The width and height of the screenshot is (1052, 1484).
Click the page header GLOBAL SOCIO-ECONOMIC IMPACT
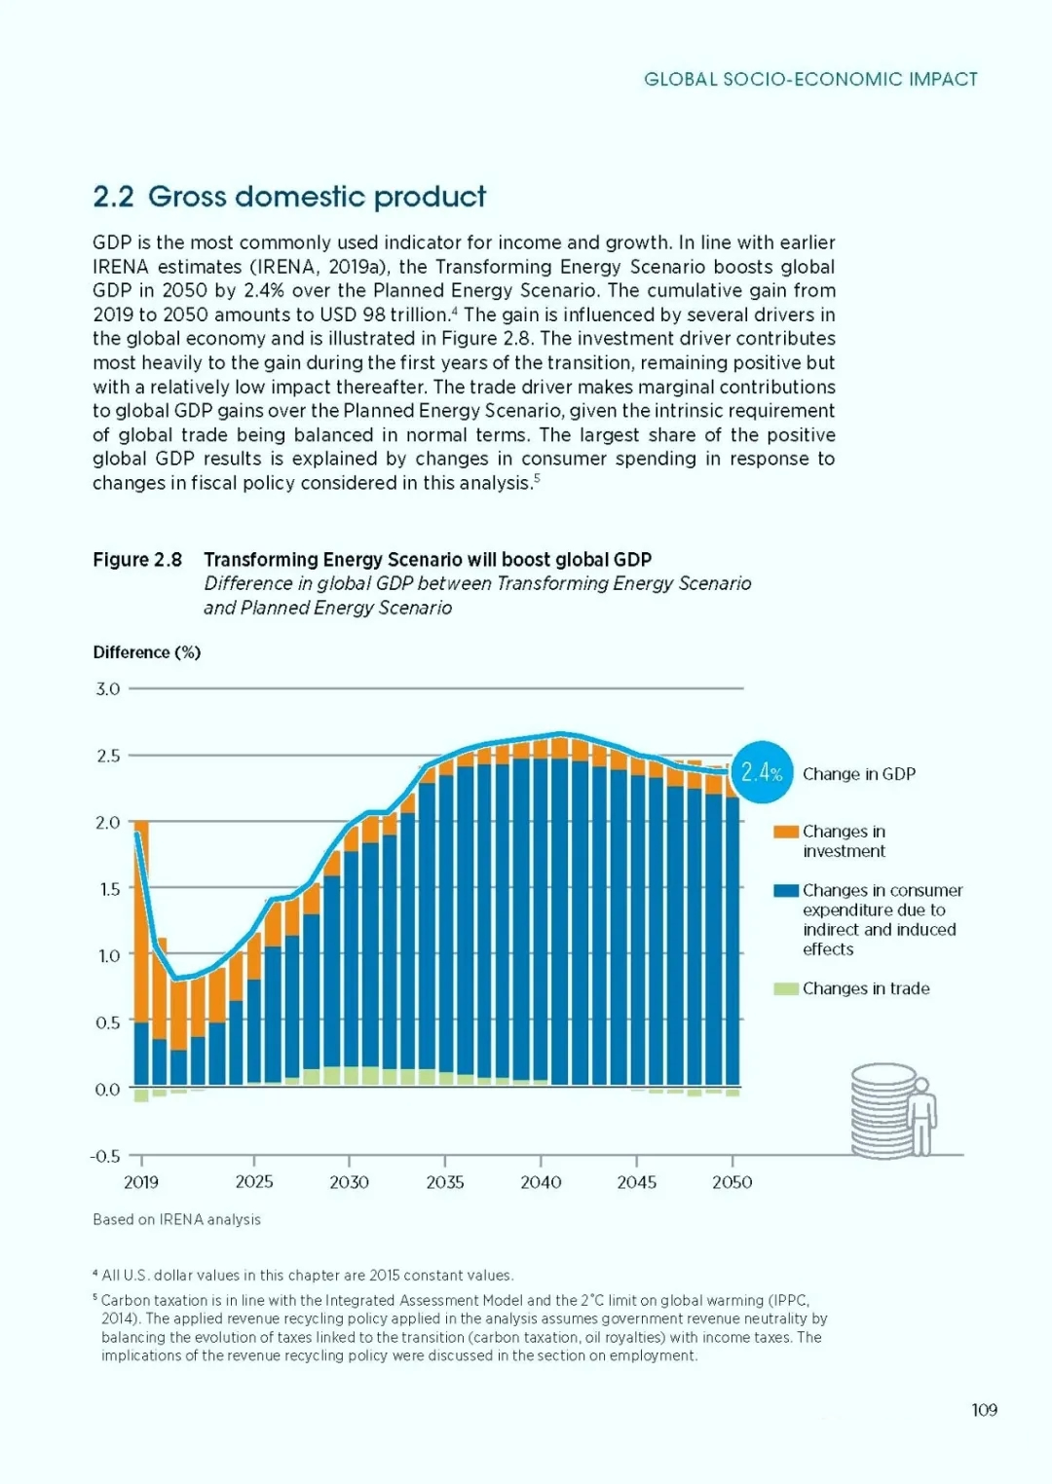[810, 80]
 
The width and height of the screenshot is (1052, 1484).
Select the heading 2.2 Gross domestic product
[289, 197]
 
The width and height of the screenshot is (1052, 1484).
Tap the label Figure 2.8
[137, 560]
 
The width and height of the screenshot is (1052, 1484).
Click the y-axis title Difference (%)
[147, 652]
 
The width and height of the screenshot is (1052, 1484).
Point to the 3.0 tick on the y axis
[108, 689]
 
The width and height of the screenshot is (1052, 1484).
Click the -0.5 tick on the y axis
[105, 1157]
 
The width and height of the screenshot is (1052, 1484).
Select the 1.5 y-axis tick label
[108, 889]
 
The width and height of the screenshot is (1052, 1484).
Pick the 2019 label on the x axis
[141, 1182]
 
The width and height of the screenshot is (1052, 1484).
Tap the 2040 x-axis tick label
[541, 1182]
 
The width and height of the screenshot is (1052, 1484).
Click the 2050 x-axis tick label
[732, 1182]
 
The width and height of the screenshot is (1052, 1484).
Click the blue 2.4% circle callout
[762, 773]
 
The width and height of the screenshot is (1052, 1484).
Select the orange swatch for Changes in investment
[785, 833]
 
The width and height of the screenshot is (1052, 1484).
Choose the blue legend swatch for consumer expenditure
[785, 891]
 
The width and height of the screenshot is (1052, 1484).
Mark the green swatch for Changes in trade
[785, 989]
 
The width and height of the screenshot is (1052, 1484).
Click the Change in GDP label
[858, 774]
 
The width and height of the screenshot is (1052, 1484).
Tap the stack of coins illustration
[882, 1110]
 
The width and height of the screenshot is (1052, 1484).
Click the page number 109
[984, 1410]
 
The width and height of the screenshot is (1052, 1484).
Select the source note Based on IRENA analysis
[176, 1220]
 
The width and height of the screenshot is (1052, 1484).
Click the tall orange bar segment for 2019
[141, 925]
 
